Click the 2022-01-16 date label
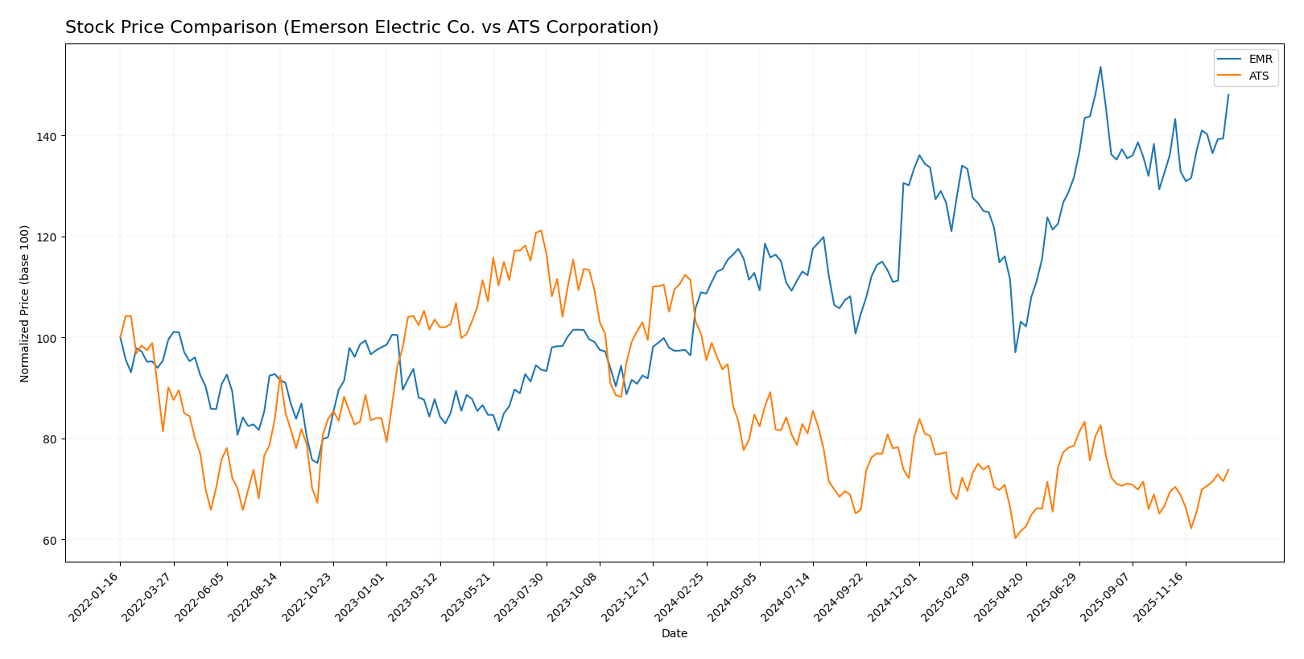pyautogui.click(x=95, y=596)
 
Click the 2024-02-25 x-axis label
pyautogui.click(x=681, y=596)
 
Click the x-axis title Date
pyautogui.click(x=674, y=634)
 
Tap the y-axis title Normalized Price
pyautogui.click(x=25, y=303)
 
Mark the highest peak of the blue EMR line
pyautogui.click(x=1100, y=67)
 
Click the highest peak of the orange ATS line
pyautogui.click(x=541, y=231)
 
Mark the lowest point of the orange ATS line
pyautogui.click(x=1015, y=537)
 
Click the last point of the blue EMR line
pyautogui.click(x=1228, y=95)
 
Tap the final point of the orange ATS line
pyautogui.click(x=1228, y=470)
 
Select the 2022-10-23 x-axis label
pyautogui.click(x=308, y=596)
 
